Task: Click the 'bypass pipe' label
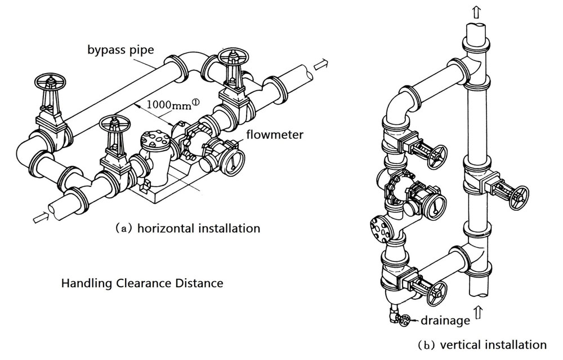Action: tap(120, 49)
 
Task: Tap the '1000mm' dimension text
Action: tap(169, 104)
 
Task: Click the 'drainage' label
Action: tap(444, 321)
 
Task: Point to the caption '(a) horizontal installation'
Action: tap(187, 228)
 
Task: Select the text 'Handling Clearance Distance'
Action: tap(142, 283)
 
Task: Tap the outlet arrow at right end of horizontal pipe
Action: tap(320, 65)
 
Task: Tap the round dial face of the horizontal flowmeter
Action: tap(235, 161)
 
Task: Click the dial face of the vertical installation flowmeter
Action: tap(435, 205)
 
